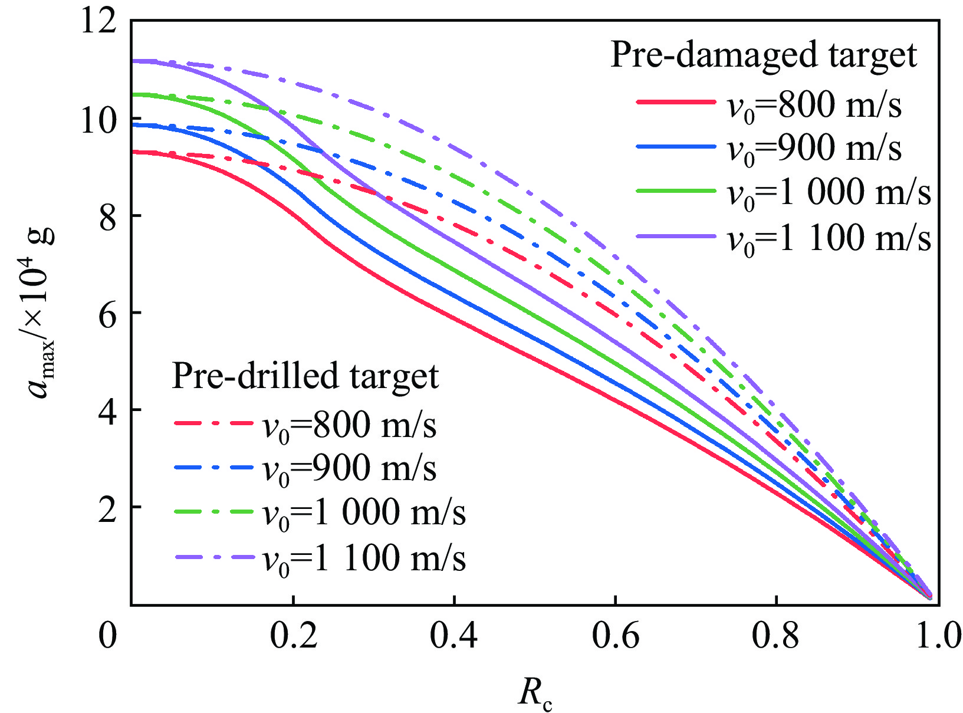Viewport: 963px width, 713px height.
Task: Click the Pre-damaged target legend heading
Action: pyautogui.click(x=763, y=55)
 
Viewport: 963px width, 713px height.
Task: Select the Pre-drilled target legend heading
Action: pyautogui.click(x=305, y=376)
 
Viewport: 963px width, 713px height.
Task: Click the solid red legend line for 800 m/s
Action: pyautogui.click(x=676, y=102)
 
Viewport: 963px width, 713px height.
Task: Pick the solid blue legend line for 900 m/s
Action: pyautogui.click(x=676, y=146)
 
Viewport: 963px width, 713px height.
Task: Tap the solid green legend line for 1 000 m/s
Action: pyautogui.click(x=676, y=191)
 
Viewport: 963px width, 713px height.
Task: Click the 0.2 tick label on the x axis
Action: pyautogui.click(x=293, y=636)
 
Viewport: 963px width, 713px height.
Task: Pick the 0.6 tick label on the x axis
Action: pyautogui.click(x=615, y=636)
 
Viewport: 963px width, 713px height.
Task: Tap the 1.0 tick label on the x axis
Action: pyautogui.click(x=938, y=636)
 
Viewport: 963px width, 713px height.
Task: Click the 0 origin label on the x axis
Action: pyautogui.click(x=107, y=636)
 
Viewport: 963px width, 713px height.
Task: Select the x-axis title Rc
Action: pyautogui.click(x=535, y=693)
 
